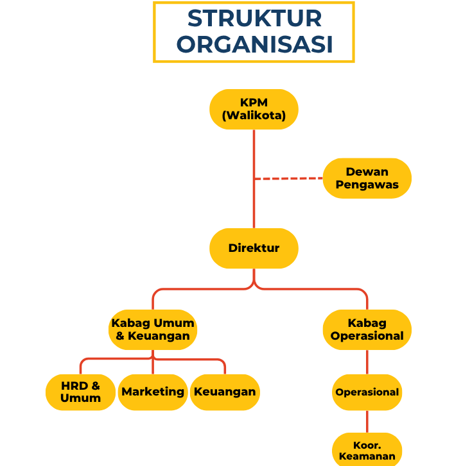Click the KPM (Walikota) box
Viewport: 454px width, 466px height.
click(x=254, y=109)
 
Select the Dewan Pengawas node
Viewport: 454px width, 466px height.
click(x=367, y=178)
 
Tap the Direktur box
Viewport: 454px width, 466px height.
click(x=254, y=248)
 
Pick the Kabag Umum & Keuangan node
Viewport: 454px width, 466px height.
click(x=153, y=329)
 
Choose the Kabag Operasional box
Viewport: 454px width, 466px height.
click(x=367, y=329)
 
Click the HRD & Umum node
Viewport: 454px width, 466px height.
click(x=80, y=392)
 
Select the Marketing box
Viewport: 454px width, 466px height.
click(x=153, y=392)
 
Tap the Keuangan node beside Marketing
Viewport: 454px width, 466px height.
click(x=225, y=392)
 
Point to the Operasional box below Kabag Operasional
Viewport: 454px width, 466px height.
click(x=367, y=392)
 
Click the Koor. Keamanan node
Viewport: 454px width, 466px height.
click(x=367, y=450)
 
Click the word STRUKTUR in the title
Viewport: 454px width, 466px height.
click(x=254, y=19)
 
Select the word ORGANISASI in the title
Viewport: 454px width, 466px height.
click(x=254, y=45)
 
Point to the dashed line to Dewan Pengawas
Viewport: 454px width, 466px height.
click(x=288, y=178)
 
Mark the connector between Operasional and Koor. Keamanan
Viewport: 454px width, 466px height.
click(x=367, y=421)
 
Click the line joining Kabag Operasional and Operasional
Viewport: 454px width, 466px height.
click(x=367, y=362)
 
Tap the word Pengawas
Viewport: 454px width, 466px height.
click(x=367, y=185)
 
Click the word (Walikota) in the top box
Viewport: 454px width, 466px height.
click(x=254, y=116)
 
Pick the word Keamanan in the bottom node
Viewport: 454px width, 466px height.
click(x=367, y=456)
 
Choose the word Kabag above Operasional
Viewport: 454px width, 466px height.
click(x=367, y=323)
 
